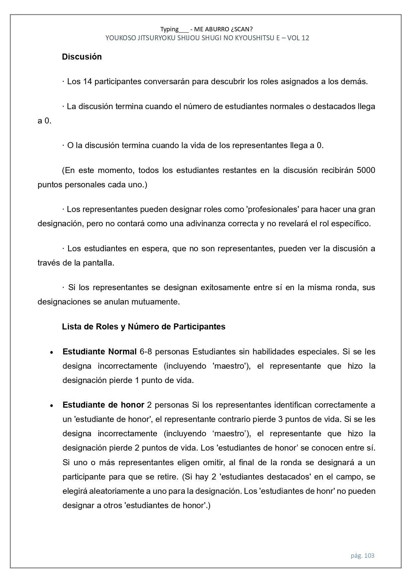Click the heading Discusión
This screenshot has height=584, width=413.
pos(82,57)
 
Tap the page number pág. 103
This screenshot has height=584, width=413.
pos(362,555)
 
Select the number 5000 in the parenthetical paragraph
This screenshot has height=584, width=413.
pos(365,170)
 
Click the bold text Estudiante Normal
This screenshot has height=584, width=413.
pos(100,352)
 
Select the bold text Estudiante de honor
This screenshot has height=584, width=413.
pos(103,405)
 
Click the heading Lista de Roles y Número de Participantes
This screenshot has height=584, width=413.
pos(143,327)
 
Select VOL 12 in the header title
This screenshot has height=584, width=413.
pos(298,38)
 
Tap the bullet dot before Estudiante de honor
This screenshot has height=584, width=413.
pos(51,406)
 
